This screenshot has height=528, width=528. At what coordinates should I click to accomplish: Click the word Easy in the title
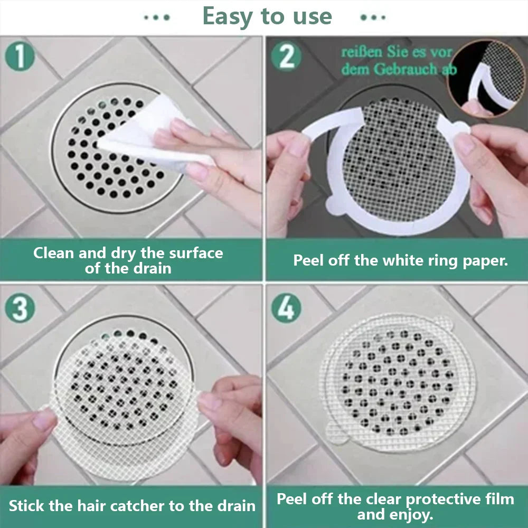coord(229,17)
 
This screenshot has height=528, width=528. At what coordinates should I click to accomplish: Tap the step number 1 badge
coord(20,56)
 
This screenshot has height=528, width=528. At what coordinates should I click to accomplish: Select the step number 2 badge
coord(286,56)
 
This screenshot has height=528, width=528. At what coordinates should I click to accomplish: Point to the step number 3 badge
coord(20,308)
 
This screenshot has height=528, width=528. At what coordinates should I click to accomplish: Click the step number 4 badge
coord(286,308)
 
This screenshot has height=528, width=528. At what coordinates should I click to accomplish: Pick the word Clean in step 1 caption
coord(54,253)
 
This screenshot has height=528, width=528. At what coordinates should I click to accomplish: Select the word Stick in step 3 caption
coord(26,506)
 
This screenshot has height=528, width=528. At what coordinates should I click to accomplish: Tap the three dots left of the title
coord(157,17)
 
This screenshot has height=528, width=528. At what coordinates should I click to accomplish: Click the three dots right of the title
coord(373,17)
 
